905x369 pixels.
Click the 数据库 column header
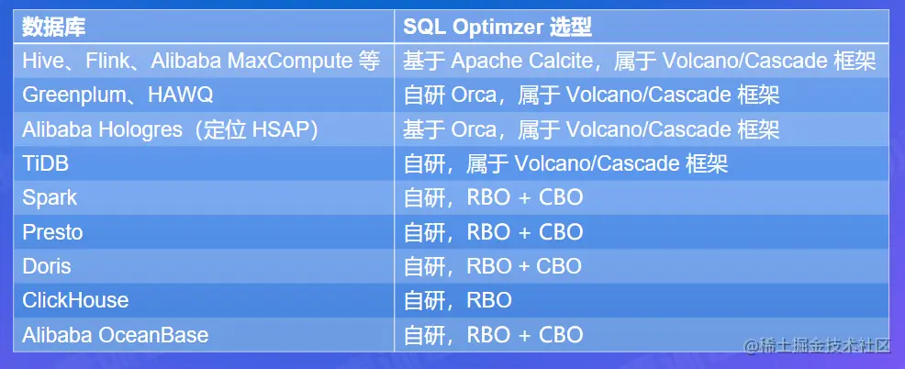coord(53,28)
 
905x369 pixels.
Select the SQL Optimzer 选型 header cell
coord(497,28)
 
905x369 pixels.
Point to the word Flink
coord(106,60)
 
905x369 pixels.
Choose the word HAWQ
coord(181,95)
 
